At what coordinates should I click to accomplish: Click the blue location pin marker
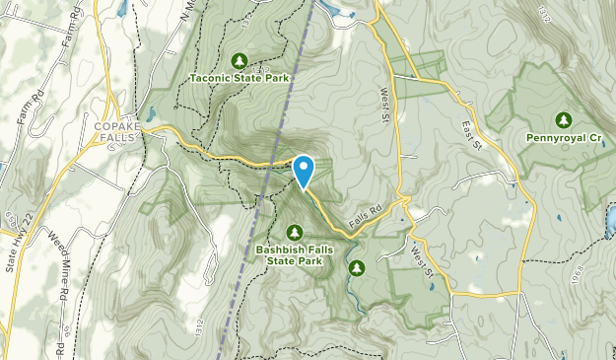click(x=304, y=170)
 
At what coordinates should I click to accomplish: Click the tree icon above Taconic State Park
click(x=238, y=61)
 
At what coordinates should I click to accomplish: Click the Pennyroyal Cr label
click(x=563, y=138)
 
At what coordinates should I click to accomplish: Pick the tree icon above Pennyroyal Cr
click(x=563, y=120)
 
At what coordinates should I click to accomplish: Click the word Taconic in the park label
click(x=213, y=78)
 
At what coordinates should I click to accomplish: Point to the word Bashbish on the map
click(x=281, y=250)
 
